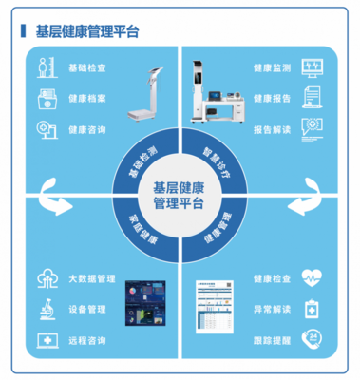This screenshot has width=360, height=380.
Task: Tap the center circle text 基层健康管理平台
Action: click(180, 194)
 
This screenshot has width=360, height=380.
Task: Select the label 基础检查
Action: click(88, 68)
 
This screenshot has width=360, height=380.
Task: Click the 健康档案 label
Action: click(88, 98)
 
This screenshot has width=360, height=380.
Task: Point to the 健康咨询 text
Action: click(88, 127)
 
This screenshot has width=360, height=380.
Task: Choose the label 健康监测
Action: click(273, 68)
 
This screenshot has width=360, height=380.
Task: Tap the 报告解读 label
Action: click(273, 127)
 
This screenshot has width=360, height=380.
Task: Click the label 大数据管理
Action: click(92, 279)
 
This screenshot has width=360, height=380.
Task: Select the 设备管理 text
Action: click(88, 309)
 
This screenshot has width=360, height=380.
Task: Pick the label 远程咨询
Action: click(88, 338)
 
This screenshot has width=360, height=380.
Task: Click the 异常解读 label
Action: click(273, 309)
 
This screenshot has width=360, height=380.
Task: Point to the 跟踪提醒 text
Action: click(273, 338)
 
